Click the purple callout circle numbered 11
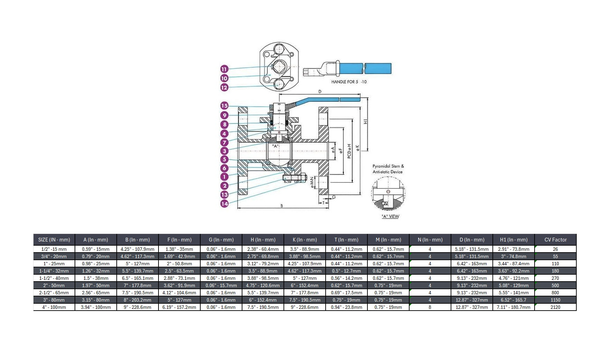point(224,69)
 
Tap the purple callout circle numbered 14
point(224,204)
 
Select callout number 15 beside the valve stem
point(224,106)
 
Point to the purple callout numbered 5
point(224,159)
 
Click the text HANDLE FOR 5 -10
point(349,82)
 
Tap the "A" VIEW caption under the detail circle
point(390,216)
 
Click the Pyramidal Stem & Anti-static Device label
point(388,169)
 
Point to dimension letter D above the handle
point(320,92)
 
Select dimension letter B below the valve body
point(281,206)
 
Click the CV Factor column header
point(555,239)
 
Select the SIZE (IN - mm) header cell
point(54,239)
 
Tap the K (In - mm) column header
point(305,239)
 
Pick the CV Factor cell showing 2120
point(555,307)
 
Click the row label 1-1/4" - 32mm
point(54,271)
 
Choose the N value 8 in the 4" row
point(430,307)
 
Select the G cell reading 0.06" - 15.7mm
point(221,285)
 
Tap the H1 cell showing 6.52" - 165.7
point(513,300)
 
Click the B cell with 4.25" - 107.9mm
point(137,249)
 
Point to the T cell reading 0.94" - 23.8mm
point(346,307)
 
